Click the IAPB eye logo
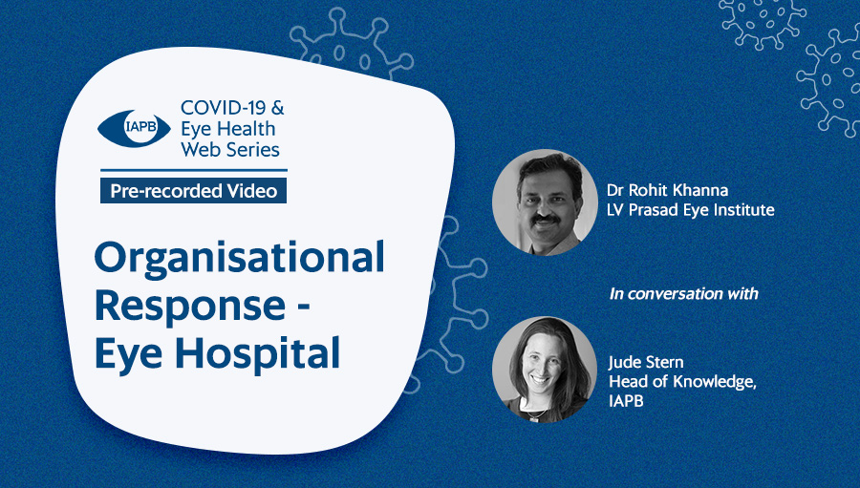[x=135, y=128]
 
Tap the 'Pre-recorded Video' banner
[x=193, y=190]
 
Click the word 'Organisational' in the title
[x=239, y=259]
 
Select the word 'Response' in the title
[x=190, y=307]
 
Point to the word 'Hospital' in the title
[x=261, y=353]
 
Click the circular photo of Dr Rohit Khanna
[x=545, y=202]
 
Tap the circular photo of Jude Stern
[x=545, y=370]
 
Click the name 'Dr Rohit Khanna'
[x=668, y=190]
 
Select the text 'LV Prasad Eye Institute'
[x=691, y=209]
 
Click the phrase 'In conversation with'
[x=684, y=294]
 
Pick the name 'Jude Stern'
[x=646, y=362]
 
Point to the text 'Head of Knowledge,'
[x=683, y=381]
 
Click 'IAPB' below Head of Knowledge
[x=626, y=401]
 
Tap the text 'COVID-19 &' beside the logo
[x=232, y=108]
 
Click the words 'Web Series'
[x=230, y=149]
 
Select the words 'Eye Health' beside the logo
[x=228, y=129]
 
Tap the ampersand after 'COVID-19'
[x=277, y=108]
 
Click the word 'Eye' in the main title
[x=129, y=355]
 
